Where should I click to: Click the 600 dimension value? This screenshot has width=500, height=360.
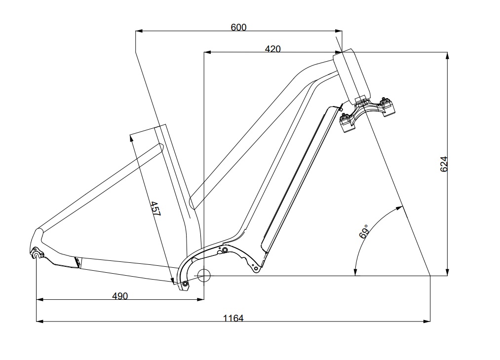click(238, 27)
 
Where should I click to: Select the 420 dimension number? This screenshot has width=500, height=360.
click(272, 48)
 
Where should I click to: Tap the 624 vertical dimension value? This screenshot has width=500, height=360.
click(444, 164)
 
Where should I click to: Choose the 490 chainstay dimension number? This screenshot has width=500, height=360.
click(120, 296)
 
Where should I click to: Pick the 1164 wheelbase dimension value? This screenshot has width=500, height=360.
click(233, 318)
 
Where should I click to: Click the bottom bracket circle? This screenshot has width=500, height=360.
click(204, 275)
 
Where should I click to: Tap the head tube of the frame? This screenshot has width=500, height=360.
click(351, 76)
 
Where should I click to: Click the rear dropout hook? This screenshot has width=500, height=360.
click(36, 254)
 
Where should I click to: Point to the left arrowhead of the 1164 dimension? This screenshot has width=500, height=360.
click(40, 321)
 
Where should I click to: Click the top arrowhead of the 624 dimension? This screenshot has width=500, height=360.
click(447, 55)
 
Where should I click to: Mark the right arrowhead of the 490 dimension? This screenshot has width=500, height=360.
click(200, 299)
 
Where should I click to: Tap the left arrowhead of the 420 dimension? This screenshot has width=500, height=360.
click(207, 51)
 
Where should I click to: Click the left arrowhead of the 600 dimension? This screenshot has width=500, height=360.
click(139, 31)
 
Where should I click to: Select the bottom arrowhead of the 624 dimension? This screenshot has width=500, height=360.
click(447, 272)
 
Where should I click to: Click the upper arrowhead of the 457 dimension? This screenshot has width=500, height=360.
click(132, 139)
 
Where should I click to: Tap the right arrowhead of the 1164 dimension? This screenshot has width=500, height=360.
click(427, 321)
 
